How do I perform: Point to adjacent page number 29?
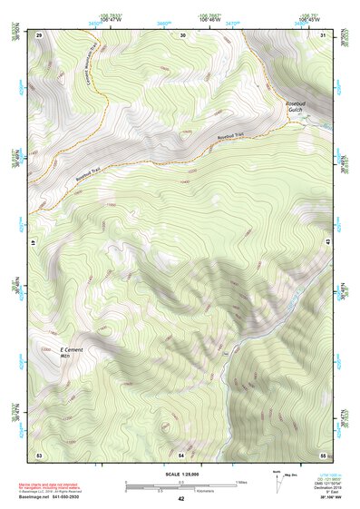(39, 34)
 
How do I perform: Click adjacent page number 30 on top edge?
(182, 34)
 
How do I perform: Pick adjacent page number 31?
(324, 34)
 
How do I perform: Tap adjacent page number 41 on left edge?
(32, 243)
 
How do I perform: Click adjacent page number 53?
(39, 454)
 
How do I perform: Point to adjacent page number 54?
(181, 454)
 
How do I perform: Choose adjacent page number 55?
(323, 454)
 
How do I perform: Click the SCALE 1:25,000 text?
(180, 475)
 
